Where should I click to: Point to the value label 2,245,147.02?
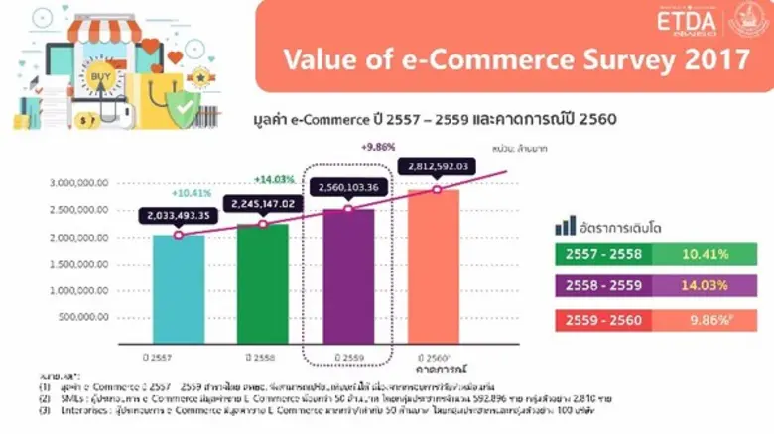click(263, 203)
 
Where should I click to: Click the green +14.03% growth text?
click(275, 179)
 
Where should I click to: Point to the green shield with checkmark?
click(184, 110)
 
